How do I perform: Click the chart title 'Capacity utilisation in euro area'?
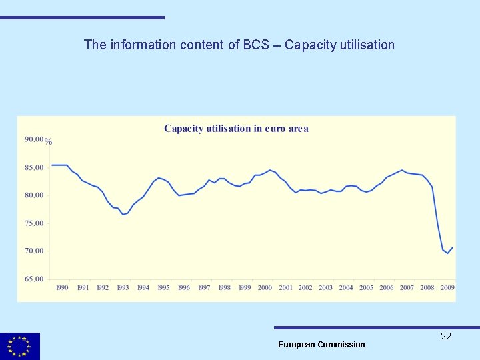click(x=236, y=129)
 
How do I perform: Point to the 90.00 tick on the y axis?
click(x=33, y=139)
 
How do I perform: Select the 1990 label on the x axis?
click(x=62, y=288)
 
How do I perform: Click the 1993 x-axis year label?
click(x=123, y=288)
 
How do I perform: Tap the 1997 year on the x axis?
click(x=204, y=288)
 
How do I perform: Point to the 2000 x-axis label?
click(x=265, y=288)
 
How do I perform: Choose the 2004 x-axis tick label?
click(x=346, y=288)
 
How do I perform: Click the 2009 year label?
click(x=447, y=288)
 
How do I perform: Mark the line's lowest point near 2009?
click(x=447, y=253)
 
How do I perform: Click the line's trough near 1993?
click(x=123, y=215)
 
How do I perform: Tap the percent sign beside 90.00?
click(x=49, y=142)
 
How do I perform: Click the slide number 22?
click(x=446, y=337)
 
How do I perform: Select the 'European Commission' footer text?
click(x=321, y=345)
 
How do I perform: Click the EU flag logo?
click(x=20, y=346)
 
